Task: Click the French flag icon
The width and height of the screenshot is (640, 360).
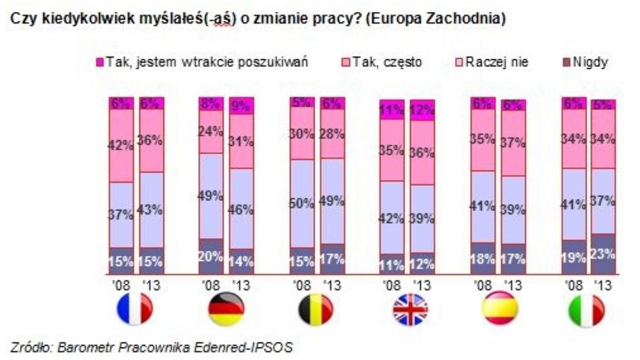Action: [x=135, y=309]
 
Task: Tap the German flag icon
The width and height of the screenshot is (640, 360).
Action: [x=226, y=309]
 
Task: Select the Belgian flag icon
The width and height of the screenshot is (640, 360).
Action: [x=316, y=309]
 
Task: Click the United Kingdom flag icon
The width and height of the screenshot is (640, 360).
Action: [x=410, y=309]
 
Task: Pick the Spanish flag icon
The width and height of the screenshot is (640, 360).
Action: [x=500, y=309]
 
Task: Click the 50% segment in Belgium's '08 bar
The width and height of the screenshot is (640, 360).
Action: [x=302, y=203]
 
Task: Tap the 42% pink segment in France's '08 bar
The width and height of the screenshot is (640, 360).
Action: [x=121, y=145]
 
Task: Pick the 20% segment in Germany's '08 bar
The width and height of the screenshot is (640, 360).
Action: [x=211, y=256]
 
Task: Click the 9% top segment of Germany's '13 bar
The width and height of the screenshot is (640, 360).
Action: [x=241, y=106]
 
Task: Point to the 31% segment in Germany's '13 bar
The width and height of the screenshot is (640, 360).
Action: [x=241, y=141]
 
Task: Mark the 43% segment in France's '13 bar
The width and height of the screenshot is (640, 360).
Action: [x=151, y=210]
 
